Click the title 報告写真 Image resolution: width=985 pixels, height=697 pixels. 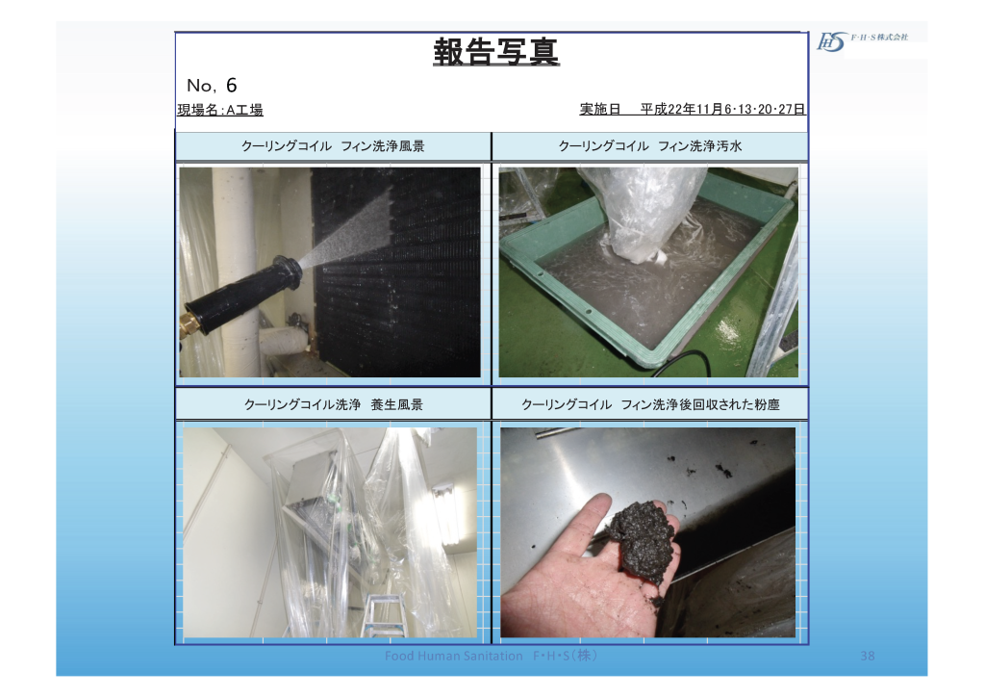point(495,52)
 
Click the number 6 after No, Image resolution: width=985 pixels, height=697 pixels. point(231,85)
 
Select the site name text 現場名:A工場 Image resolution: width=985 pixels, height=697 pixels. point(220,110)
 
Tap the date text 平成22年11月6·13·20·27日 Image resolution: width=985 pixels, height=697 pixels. point(722,109)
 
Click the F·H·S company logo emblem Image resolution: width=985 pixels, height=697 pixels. point(831,41)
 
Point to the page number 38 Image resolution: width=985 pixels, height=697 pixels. point(867,656)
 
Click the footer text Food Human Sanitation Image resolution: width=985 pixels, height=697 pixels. point(454,656)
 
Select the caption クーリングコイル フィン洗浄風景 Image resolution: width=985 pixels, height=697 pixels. point(333,145)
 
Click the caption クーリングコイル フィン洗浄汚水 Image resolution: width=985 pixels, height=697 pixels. point(650,145)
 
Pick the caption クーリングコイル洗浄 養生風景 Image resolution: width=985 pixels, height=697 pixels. point(334,404)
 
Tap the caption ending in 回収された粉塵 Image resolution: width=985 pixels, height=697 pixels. point(650,404)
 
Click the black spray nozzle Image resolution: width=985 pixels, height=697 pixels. point(244,295)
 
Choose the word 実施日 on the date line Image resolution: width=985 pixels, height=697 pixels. point(600,109)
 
